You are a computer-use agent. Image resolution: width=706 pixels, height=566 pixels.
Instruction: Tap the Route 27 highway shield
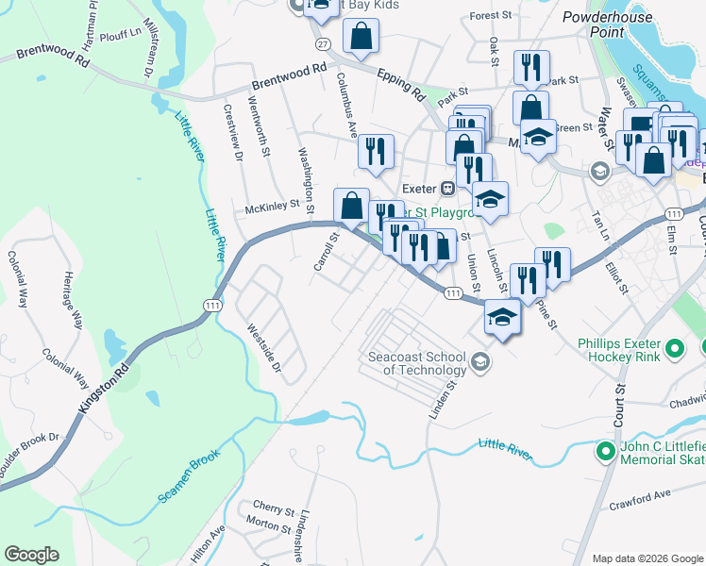(323, 44)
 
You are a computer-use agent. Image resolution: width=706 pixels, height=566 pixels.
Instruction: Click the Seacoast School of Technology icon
(480, 362)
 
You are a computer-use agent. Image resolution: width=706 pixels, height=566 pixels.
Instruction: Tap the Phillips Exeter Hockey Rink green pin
(674, 350)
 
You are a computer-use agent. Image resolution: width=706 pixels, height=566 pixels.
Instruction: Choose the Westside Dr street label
(263, 347)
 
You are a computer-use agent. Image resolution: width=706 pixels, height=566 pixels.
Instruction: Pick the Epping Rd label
(401, 84)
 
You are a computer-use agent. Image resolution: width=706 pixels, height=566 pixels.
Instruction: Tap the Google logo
(31, 555)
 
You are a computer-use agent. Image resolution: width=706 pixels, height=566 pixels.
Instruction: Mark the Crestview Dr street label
(233, 132)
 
